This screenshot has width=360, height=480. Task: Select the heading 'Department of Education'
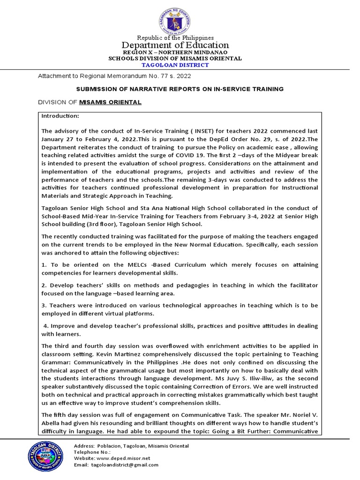point(175,45)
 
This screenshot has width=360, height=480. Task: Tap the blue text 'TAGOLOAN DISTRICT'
point(175,65)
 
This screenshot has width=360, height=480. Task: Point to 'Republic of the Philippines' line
point(175,37)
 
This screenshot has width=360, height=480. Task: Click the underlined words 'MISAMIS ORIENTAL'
point(110,102)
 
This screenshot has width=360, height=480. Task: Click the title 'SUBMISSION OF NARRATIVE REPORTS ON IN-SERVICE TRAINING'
point(180,89)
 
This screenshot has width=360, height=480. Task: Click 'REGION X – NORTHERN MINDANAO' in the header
point(175,52)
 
